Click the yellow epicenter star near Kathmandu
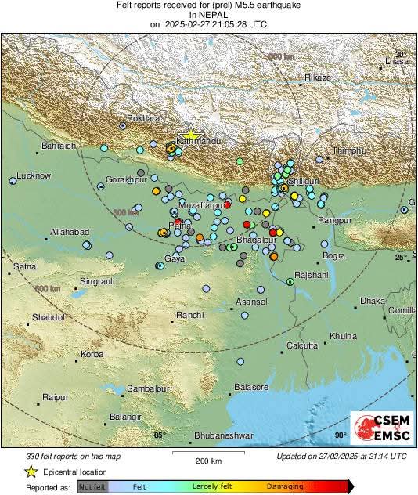pos(190,135)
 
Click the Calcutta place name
pos(302,345)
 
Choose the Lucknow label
pos(33,175)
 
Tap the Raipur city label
pos(56,397)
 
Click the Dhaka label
pos(373,301)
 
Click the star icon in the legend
pos(31,472)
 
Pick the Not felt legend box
pos(93,486)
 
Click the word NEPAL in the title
pos(207,14)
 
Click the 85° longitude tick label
pos(160,435)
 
